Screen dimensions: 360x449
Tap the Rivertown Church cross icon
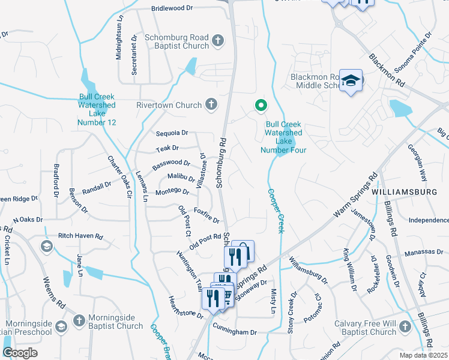pos(211,105)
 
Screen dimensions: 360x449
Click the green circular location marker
pos(261,106)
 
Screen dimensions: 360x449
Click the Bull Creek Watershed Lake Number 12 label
pos(96,109)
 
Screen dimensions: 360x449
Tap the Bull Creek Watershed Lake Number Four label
pos(284,137)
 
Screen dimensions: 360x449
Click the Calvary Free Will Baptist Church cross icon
pos(405,327)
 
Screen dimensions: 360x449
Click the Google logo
pos(20,353)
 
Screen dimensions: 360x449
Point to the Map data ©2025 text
pos(423,355)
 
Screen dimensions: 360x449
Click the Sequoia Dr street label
pos(172,133)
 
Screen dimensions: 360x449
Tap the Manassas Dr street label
pos(420,254)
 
